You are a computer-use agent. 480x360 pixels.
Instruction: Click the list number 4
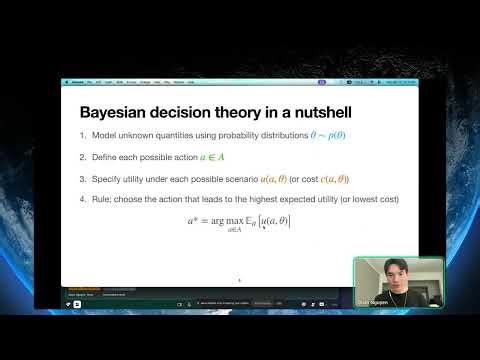(81, 200)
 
